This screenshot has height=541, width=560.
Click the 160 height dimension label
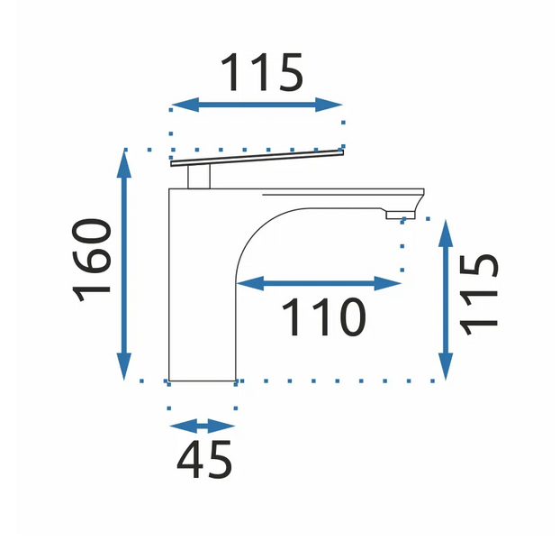tap(92, 261)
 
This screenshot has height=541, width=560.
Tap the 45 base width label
tap(204, 460)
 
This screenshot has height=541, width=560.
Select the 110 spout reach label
tap(324, 317)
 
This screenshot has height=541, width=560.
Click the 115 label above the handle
tap(263, 72)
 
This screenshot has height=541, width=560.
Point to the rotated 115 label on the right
tap(479, 295)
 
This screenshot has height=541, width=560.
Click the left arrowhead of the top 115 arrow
tap(185, 105)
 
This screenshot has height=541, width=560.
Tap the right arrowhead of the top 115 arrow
tap(329, 105)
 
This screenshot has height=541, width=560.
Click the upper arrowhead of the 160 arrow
tap(124, 164)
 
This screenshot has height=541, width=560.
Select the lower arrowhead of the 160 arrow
tap(124, 366)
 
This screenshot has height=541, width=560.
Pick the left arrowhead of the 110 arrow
tap(250, 283)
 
